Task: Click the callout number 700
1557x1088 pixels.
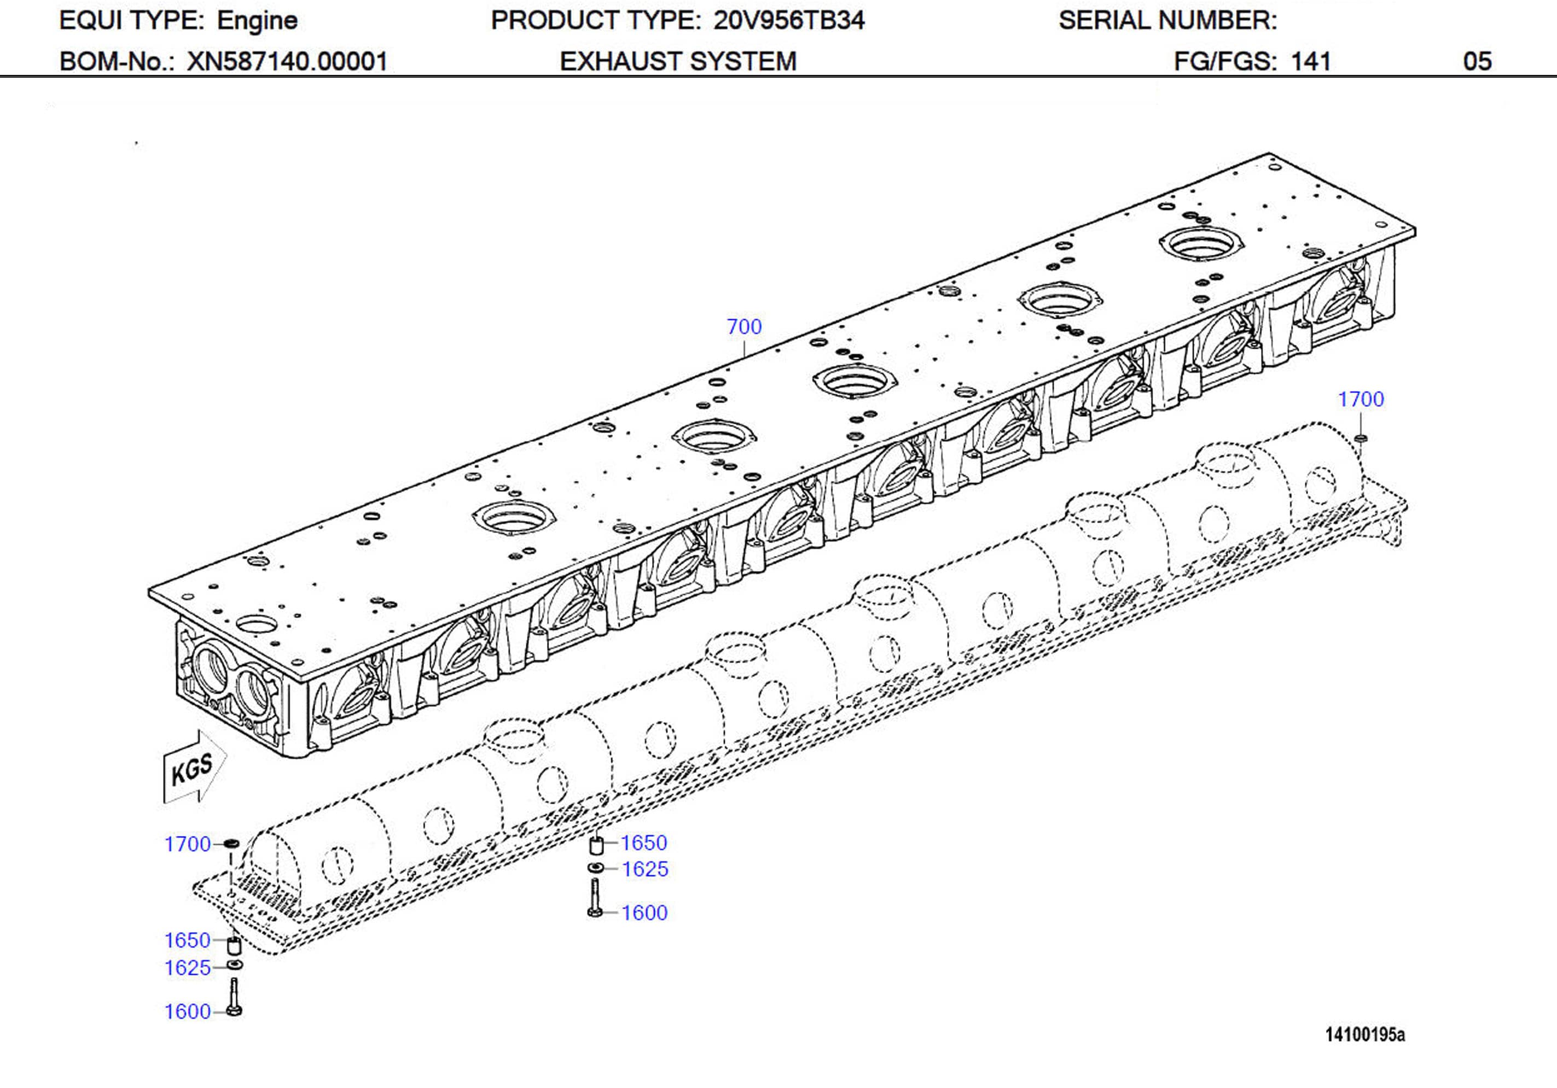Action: pyautogui.click(x=744, y=327)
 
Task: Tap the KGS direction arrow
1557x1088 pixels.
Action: pyautogui.click(x=193, y=769)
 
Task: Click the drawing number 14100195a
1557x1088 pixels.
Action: pyautogui.click(x=1365, y=1034)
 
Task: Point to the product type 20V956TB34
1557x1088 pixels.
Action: pyautogui.click(x=789, y=20)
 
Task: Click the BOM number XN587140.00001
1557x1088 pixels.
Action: pyautogui.click(x=287, y=62)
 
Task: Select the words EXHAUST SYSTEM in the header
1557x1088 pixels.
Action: pyautogui.click(x=677, y=62)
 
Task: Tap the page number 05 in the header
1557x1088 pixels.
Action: pyautogui.click(x=1477, y=62)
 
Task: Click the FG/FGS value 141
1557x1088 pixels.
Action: pyautogui.click(x=1310, y=62)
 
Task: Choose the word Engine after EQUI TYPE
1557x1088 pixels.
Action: pyautogui.click(x=257, y=20)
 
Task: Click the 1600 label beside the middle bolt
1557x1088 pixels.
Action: pyautogui.click(x=644, y=912)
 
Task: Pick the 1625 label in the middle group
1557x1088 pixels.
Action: pyautogui.click(x=645, y=869)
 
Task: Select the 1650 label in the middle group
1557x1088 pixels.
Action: pyautogui.click(x=643, y=843)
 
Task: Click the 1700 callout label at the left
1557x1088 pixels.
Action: pyautogui.click(x=188, y=844)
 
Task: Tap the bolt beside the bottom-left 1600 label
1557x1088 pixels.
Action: pyautogui.click(x=235, y=998)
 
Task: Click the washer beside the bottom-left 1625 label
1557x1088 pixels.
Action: pyautogui.click(x=235, y=964)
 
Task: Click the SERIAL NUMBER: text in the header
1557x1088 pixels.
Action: pyautogui.click(x=1167, y=20)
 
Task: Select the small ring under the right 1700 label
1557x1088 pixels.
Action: pyautogui.click(x=1360, y=438)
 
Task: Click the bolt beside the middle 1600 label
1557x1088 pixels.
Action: pyautogui.click(x=595, y=899)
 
